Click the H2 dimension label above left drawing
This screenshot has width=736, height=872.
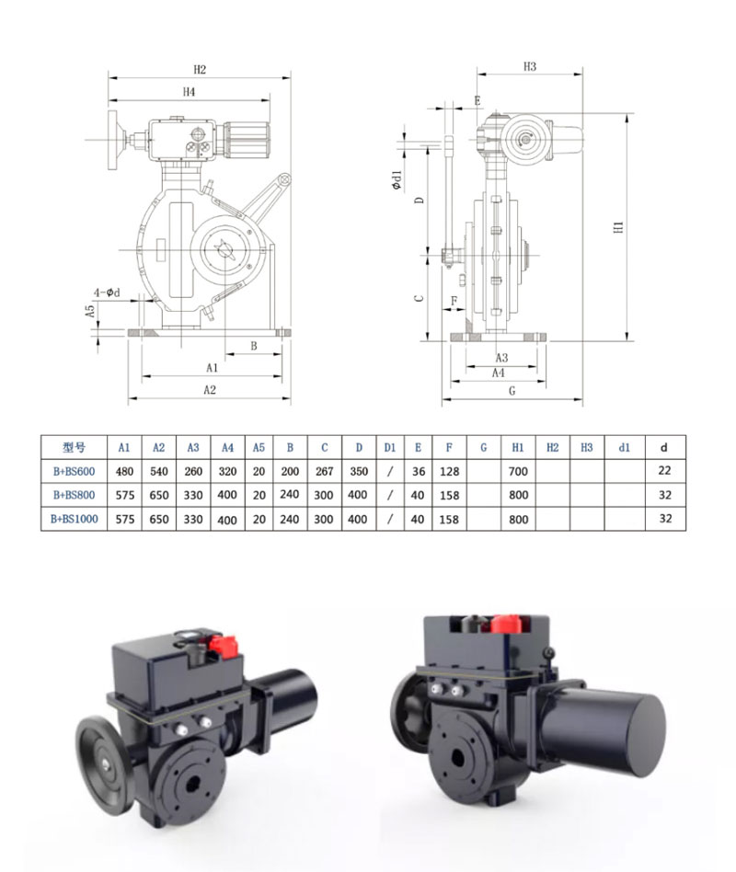pos(200,70)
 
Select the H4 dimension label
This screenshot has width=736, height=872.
pos(189,92)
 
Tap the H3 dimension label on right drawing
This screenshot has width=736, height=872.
pos(530,66)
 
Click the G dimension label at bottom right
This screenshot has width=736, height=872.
pos(511,391)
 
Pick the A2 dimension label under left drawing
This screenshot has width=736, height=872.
pos(209,390)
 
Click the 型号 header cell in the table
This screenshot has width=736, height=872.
pos(73,447)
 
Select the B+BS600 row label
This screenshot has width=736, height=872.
pos(73,470)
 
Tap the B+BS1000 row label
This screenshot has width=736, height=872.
pos(73,519)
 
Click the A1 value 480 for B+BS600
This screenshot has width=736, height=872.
pos(124,470)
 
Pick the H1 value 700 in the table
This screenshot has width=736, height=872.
pos(518,470)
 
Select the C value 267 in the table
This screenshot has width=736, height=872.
pos(325,470)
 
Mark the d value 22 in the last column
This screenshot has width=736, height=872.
pos(665,470)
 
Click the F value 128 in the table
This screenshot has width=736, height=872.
pos(450,470)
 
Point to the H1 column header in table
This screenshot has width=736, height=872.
pos(518,447)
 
